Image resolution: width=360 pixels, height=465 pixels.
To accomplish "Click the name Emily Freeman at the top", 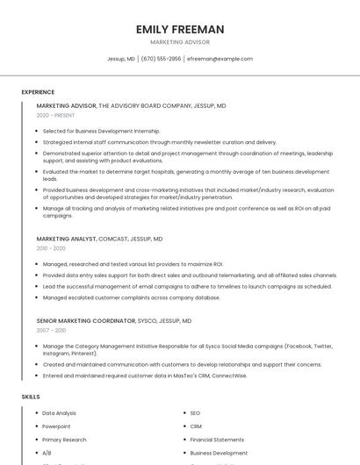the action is click(179, 29).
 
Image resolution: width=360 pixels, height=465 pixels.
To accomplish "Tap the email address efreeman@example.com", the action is click(220, 59).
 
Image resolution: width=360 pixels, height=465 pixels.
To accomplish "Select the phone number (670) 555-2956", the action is click(161, 59).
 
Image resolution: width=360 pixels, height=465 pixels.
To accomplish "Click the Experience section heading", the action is click(38, 92).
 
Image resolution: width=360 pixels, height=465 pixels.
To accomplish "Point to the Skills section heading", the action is click(31, 397).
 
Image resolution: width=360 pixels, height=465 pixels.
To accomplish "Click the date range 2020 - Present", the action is click(55, 115).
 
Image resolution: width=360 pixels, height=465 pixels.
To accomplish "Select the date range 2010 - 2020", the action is click(51, 248).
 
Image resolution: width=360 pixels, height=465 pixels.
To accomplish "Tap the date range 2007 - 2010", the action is click(51, 330).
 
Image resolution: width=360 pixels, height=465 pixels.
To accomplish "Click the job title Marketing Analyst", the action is click(66, 239).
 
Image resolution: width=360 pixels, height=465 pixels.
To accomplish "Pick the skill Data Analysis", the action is click(59, 412).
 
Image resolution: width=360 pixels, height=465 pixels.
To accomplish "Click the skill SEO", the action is click(195, 412).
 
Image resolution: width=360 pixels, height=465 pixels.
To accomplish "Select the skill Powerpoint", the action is click(57, 426).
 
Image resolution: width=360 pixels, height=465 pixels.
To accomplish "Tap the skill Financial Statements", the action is click(217, 440).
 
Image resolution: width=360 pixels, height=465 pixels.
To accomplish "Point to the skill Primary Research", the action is click(64, 440).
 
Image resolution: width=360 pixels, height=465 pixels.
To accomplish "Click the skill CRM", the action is click(196, 426).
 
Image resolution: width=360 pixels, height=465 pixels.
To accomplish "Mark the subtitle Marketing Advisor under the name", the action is click(179, 42).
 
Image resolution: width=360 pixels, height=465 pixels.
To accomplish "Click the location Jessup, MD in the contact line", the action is click(120, 59).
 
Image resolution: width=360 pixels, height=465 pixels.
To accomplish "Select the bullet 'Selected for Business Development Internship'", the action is click(101, 131).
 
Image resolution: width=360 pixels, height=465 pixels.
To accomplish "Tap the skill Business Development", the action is click(219, 454).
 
